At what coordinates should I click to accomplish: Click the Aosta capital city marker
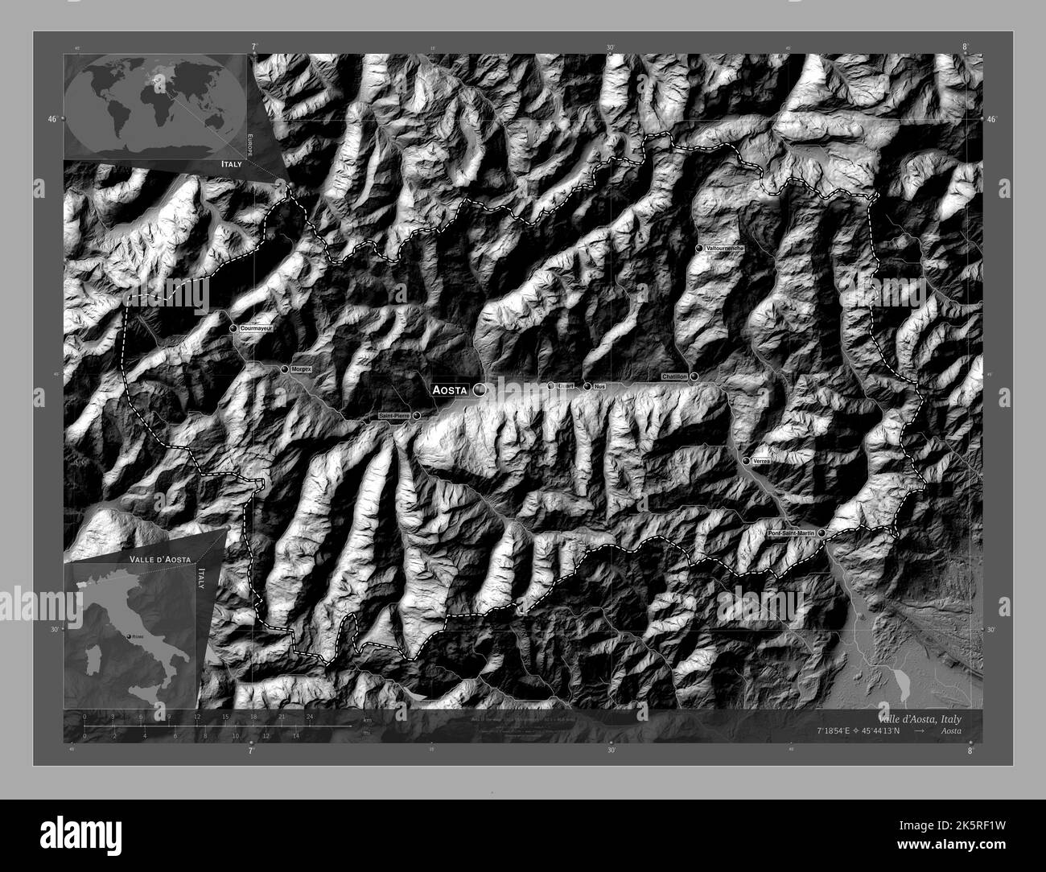480,389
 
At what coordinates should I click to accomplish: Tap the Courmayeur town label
258,329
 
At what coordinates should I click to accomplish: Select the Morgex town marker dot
285,369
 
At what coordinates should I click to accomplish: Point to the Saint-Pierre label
394,416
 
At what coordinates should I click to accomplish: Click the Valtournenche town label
724,249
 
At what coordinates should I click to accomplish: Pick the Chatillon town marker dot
694,376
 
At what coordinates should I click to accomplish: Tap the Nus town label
599,386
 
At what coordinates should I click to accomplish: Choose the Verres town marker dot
746,460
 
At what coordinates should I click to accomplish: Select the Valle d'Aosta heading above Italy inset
158,557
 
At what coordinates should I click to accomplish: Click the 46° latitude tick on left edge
52,119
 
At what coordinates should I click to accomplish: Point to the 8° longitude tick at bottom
970,750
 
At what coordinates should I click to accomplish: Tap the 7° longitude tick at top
253,48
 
